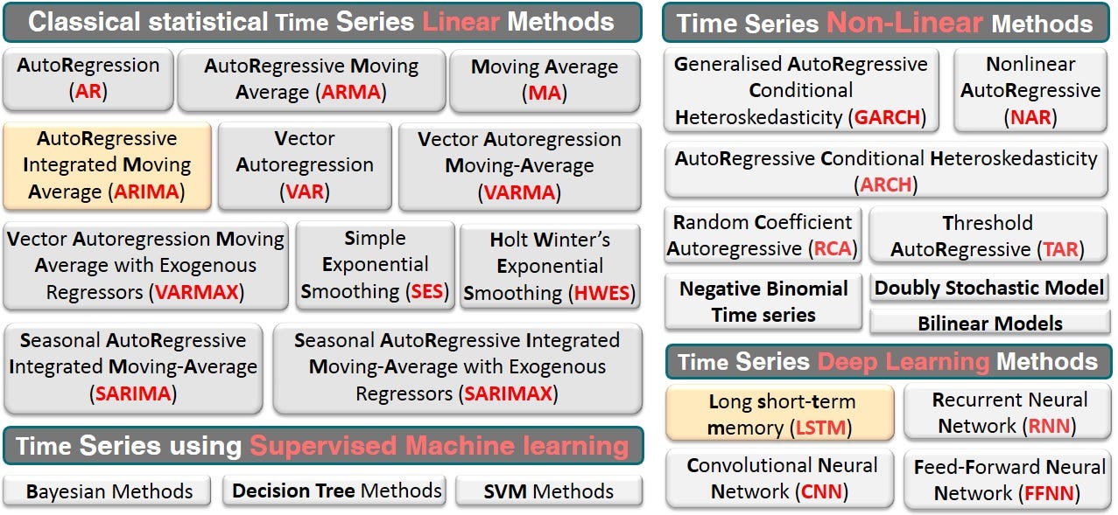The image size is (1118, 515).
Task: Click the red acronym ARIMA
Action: [x=150, y=191]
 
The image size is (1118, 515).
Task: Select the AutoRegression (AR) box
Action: [x=88, y=78]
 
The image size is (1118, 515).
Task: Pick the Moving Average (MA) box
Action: [x=545, y=80]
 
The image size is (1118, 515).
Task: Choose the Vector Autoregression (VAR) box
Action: [x=304, y=165]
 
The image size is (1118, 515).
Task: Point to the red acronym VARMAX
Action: [x=197, y=292]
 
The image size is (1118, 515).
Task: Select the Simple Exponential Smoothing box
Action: [x=375, y=264]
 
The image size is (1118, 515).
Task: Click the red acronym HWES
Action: [x=601, y=293]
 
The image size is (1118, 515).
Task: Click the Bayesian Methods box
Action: [x=108, y=491]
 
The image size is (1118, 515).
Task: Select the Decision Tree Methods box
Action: [x=336, y=491]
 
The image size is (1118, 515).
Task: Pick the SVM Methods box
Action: [x=549, y=491]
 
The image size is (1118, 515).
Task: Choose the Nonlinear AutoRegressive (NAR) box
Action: [x=1030, y=90]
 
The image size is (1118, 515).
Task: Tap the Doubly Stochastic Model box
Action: [x=989, y=288]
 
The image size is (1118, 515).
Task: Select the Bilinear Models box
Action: [x=989, y=323]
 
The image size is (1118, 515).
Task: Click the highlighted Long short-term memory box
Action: [x=780, y=414]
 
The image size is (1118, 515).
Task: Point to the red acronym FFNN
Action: [x=1042, y=493]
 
